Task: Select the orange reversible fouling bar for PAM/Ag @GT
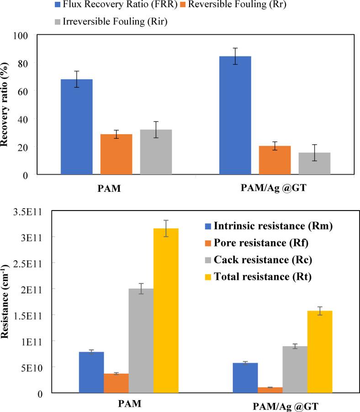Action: pyautogui.click(x=275, y=160)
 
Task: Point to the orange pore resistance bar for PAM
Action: pyautogui.click(x=116, y=383)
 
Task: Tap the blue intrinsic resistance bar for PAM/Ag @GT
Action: pyautogui.click(x=245, y=378)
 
